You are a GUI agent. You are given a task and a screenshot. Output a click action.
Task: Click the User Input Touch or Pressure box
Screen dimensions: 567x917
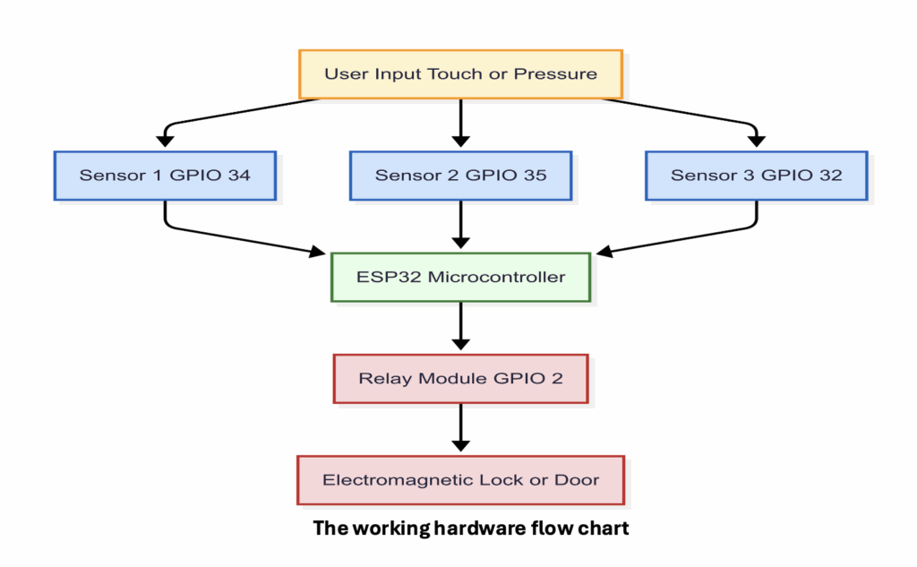tap(460, 73)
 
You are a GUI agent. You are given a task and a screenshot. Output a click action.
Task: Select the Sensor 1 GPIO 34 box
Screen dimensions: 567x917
tap(165, 175)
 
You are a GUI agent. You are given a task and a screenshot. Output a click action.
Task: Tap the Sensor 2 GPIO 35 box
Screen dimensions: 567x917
tap(460, 175)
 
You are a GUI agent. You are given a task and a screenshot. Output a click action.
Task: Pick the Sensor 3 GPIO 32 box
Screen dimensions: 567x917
tap(756, 175)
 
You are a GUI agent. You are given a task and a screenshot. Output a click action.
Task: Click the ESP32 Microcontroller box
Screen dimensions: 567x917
tap(460, 277)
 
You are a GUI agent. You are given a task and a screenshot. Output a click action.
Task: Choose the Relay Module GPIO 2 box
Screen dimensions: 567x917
tap(460, 378)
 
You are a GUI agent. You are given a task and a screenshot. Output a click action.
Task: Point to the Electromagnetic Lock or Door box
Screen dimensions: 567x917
tap(460, 480)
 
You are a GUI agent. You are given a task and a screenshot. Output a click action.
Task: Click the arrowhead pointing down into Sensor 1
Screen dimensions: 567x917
tap(165, 140)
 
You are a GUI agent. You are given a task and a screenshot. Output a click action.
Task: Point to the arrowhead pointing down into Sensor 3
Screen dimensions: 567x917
tap(756, 140)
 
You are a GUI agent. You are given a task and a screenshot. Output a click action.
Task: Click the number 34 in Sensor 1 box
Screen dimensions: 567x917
tap(239, 175)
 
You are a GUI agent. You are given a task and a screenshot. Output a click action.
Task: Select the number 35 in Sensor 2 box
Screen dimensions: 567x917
tap(535, 175)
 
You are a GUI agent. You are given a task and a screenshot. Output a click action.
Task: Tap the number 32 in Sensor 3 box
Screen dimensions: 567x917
tap(830, 175)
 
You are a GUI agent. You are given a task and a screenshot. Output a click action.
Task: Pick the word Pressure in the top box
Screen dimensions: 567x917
tap(555, 73)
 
